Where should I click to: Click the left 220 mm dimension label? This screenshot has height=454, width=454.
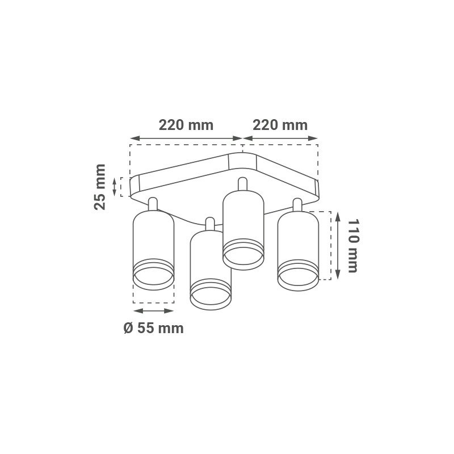pos(186,125)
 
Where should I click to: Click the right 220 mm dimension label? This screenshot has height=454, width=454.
pos(280,125)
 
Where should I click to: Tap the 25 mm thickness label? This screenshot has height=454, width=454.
pos(100,187)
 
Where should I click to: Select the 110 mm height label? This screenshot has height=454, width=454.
pos(353,246)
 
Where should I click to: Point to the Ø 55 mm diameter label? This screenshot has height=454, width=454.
pos(153,329)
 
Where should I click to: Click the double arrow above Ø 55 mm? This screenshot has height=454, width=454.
pos(153,310)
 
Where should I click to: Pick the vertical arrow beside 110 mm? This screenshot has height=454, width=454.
pos(338,246)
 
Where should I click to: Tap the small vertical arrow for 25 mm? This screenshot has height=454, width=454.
pos(115,187)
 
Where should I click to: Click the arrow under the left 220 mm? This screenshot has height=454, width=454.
pos(186,138)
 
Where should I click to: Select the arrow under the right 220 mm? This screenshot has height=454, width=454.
pos(280,138)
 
